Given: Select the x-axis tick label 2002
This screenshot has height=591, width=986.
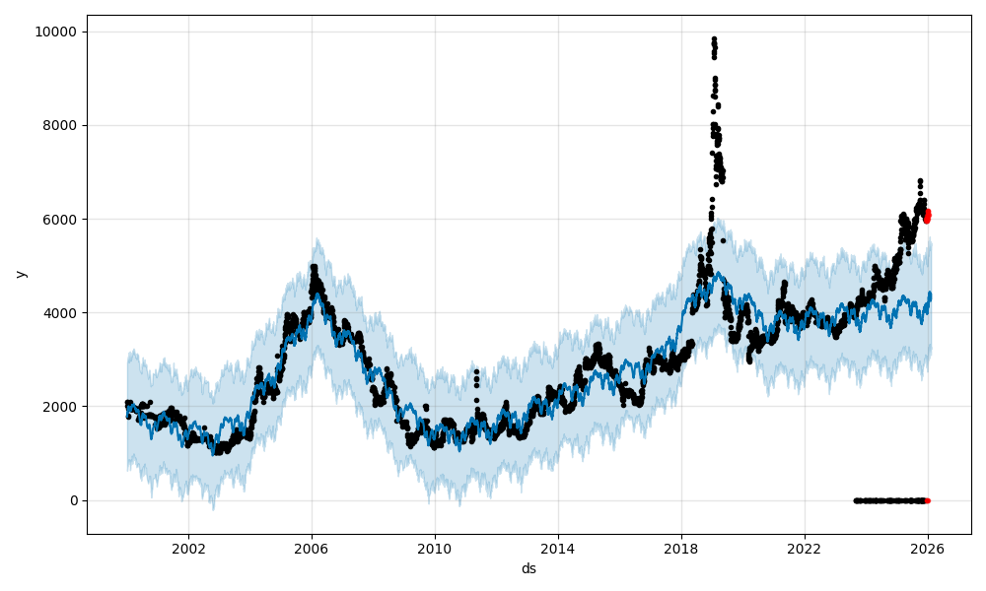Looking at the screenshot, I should click(188, 549).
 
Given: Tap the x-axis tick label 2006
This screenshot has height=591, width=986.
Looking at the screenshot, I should click(312, 549).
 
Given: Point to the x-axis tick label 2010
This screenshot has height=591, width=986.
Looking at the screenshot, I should click(435, 549).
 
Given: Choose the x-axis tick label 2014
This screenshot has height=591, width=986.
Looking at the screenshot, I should click(558, 549).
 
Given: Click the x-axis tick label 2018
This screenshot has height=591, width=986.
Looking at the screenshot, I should click(681, 549).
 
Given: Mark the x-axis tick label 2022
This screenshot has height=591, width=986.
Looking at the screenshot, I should click(805, 549).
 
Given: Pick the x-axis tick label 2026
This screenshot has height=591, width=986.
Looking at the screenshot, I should click(928, 549).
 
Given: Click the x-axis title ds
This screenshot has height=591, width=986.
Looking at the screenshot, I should click(528, 568).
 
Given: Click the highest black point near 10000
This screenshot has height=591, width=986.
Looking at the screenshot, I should click(714, 39).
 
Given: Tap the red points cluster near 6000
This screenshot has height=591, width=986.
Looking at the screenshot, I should click(927, 215).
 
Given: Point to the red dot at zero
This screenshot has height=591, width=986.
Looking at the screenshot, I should click(927, 500).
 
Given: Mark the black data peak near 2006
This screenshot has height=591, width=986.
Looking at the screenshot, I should click(314, 267).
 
